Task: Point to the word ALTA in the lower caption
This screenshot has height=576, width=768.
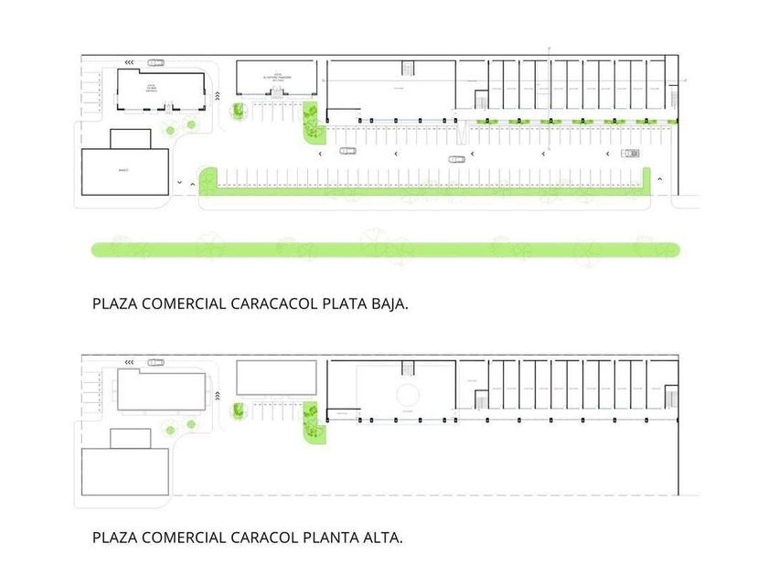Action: tap(381, 538)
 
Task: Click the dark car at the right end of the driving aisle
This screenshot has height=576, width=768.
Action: tap(630, 153)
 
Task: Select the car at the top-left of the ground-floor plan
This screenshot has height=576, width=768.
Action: tap(155, 63)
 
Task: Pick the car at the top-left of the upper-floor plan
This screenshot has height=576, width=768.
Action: tap(156, 363)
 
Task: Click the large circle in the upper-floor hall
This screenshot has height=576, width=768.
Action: tap(408, 394)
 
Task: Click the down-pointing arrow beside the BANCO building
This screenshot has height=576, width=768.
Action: tap(180, 182)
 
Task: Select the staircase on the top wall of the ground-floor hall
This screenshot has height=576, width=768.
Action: tap(408, 69)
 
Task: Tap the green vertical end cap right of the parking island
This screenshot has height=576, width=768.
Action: tap(646, 180)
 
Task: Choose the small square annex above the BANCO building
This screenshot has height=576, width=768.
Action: tap(130, 139)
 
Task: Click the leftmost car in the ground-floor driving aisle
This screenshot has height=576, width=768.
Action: tap(347, 150)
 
